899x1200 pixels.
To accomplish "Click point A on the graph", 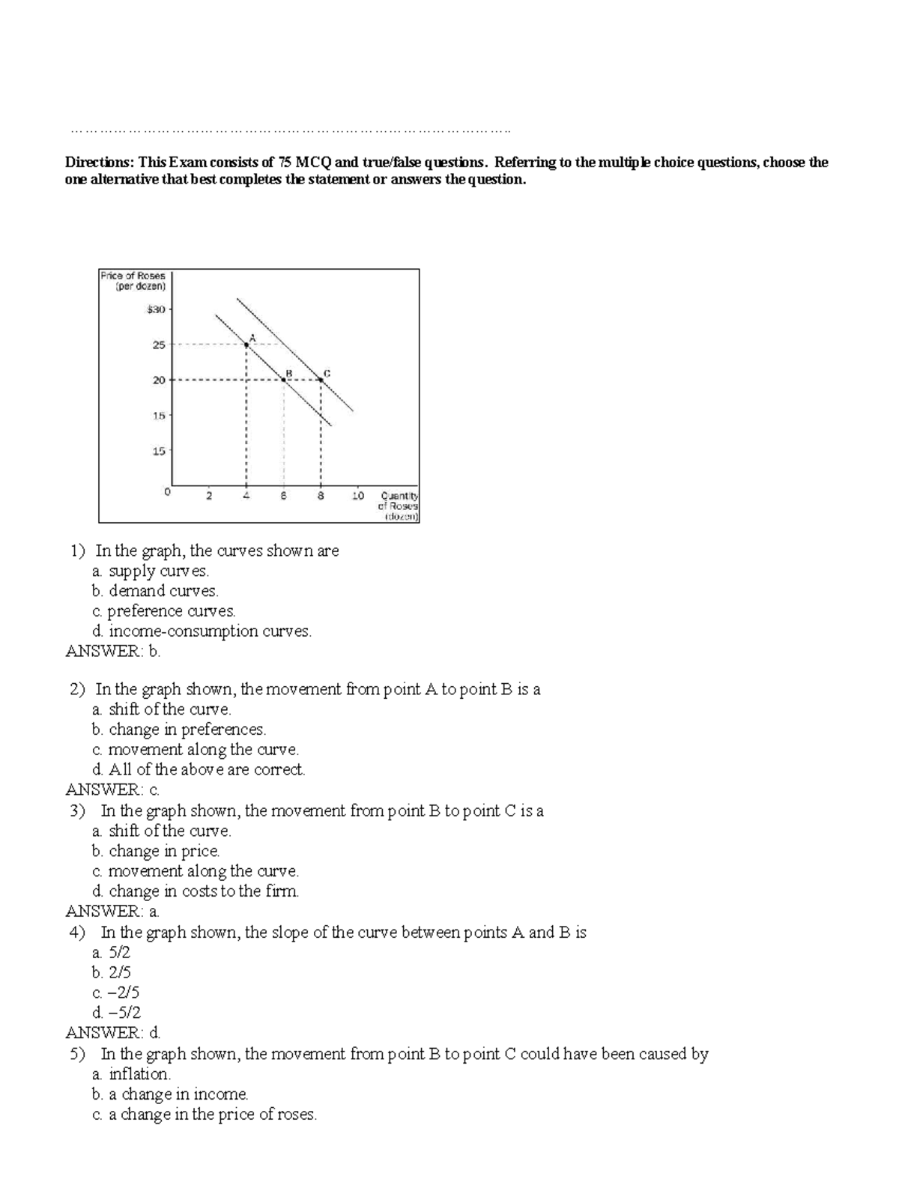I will coord(246,345).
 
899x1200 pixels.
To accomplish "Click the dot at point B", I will coord(283,380).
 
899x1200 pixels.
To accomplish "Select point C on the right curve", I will coord(321,380).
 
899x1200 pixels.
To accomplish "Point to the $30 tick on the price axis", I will coord(156,309).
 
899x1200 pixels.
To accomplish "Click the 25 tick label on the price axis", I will coord(159,345).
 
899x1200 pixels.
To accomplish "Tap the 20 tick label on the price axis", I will coord(159,380).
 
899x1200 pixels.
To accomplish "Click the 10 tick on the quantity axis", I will coord(357,496).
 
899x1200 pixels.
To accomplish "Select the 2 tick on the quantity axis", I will coord(209,496).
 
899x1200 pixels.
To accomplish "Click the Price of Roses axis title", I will coord(133,280).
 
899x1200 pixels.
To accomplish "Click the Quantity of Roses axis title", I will coord(399,506).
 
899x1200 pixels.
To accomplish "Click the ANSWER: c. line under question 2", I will coord(112,790).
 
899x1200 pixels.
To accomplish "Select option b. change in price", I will coord(156,851).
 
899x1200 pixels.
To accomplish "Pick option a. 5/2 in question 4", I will coord(111,953).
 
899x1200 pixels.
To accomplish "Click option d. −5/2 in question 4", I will coord(116,1013).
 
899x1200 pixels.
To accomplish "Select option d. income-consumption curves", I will coord(202,631).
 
